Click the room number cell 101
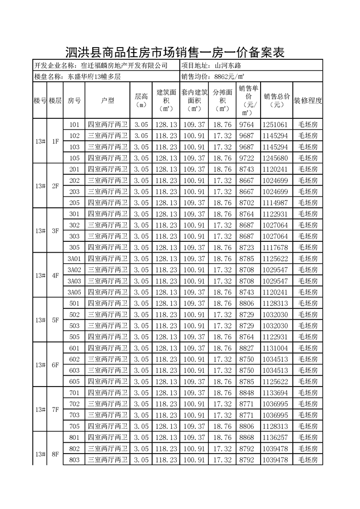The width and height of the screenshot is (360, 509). coord(74,124)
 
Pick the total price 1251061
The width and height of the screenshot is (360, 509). coord(275,124)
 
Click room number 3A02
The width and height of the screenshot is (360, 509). coord(74,270)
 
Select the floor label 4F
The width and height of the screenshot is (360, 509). coord(55,275)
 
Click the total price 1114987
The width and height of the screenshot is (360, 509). coord(275,202)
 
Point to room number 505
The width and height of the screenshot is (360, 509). coord(74,337)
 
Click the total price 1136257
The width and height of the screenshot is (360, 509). coord(275,437)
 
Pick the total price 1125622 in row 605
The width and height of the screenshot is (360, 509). coord(275,381)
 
